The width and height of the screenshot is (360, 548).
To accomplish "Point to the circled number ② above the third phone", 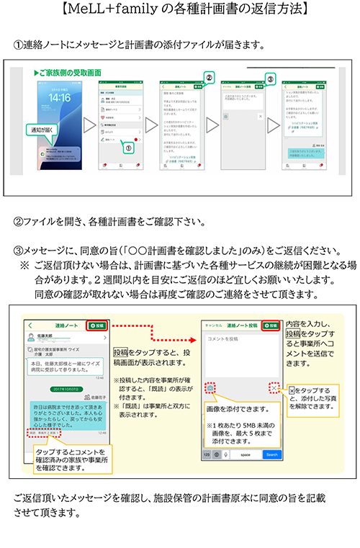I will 209,76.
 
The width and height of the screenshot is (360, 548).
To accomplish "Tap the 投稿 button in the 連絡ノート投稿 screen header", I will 271,325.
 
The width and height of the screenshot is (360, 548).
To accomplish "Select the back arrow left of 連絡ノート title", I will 32,325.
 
